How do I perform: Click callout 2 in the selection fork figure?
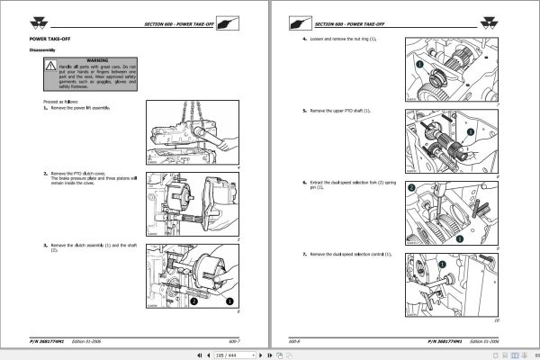[x=411, y=190]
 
